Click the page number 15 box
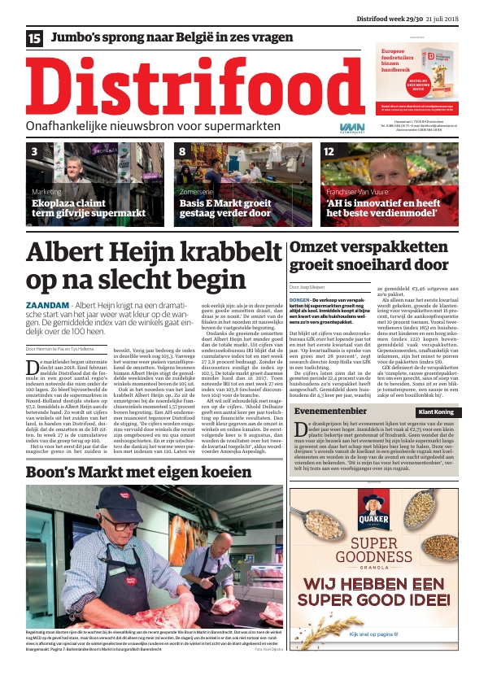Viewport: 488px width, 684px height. click(34, 38)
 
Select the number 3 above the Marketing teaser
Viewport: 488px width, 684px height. click(34, 152)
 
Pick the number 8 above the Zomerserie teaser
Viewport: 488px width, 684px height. click(183, 152)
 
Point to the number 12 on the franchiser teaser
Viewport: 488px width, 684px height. click(329, 152)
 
